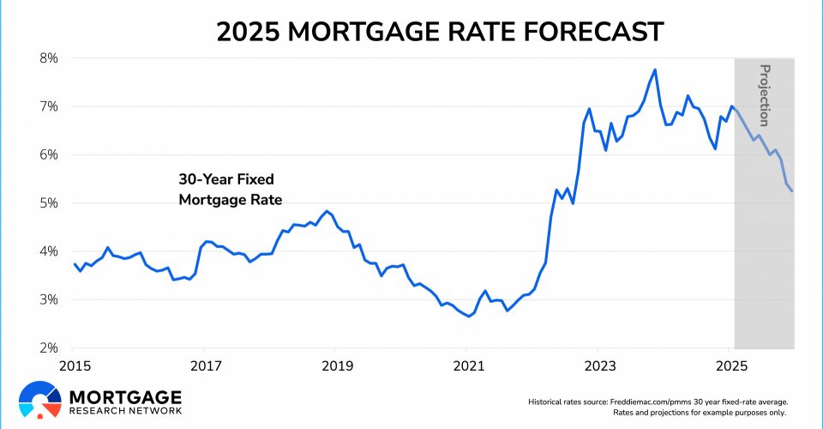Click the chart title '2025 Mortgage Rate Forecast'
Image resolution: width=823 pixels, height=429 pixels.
439,32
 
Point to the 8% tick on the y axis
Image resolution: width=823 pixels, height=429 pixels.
46,58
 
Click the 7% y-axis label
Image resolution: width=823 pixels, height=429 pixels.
46,106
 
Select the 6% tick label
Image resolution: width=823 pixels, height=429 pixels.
46,155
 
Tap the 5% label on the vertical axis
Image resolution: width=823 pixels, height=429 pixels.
46,203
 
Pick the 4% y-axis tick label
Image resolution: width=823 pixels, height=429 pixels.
46,251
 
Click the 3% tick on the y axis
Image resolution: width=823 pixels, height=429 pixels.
46,300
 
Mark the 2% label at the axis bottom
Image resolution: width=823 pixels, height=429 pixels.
46,348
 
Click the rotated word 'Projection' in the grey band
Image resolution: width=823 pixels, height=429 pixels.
765,95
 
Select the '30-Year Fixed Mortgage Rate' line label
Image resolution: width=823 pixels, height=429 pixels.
231,190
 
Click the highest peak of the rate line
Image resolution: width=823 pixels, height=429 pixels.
655,69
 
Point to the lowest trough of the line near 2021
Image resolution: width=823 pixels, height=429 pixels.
469,317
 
